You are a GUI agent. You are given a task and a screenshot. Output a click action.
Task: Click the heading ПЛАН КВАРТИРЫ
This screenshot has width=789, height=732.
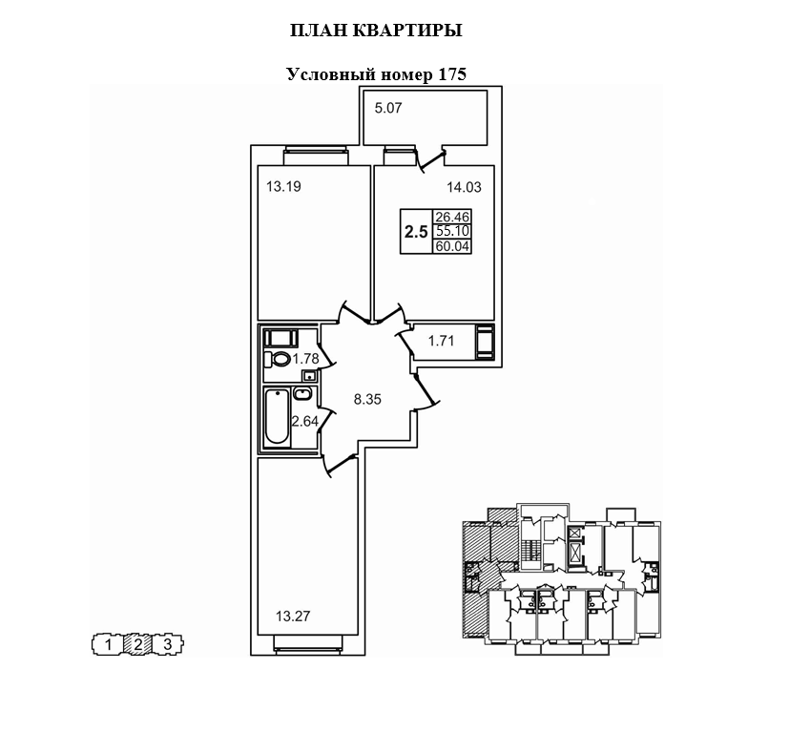click(376, 31)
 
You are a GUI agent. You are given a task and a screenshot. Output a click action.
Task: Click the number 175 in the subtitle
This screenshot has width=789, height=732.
click(450, 74)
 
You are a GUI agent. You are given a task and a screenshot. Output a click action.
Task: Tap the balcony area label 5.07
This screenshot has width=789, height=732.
click(388, 109)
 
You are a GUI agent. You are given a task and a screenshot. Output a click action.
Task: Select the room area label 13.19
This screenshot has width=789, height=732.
click(282, 187)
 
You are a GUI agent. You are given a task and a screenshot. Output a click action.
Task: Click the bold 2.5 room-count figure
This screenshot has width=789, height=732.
click(415, 231)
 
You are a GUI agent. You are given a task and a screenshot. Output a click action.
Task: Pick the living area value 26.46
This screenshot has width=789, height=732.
click(452, 217)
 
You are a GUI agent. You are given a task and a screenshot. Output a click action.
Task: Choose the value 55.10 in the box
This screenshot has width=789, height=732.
click(452, 231)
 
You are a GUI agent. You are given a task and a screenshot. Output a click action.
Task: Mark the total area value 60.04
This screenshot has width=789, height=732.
click(452, 246)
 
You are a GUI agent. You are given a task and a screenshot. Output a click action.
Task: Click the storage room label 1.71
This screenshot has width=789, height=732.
click(440, 340)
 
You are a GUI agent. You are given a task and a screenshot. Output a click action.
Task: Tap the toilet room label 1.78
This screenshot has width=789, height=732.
click(304, 359)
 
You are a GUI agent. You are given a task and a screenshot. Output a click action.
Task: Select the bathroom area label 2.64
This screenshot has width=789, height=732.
click(304, 420)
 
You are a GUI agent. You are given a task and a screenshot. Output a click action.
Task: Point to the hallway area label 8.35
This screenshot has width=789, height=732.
click(367, 400)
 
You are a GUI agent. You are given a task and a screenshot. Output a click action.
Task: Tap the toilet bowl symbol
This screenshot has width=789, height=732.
click(280, 359)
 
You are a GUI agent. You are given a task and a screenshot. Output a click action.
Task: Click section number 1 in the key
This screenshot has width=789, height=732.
click(109, 645)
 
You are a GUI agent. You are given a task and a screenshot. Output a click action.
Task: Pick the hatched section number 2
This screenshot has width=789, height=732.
click(138, 645)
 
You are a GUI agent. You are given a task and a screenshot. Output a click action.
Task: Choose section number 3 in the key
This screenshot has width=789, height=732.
click(168, 645)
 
